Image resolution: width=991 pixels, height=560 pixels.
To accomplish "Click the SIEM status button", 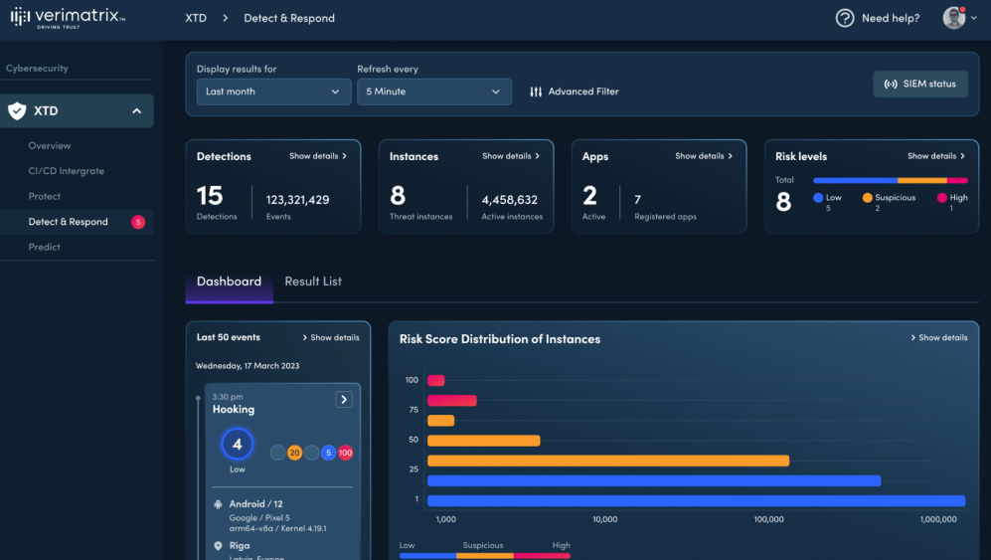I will click(x=919, y=84).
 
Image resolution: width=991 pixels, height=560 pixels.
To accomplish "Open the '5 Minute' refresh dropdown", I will click(x=434, y=92).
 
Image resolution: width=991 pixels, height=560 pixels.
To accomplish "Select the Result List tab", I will click(x=313, y=281).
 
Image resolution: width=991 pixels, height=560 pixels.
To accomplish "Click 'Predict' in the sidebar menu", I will click(x=45, y=247).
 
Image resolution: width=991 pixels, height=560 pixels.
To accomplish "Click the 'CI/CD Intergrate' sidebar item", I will click(x=67, y=171).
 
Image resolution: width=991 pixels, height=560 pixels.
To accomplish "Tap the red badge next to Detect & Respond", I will click(x=138, y=222).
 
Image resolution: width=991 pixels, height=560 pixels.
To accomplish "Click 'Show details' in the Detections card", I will click(x=318, y=156).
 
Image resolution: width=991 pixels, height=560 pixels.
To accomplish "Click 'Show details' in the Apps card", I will click(x=704, y=156).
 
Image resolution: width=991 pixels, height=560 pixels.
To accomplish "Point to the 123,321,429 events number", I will click(x=297, y=200).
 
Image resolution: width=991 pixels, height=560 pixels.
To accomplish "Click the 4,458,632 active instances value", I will click(x=510, y=200).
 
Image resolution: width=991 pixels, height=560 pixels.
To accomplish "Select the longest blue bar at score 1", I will click(x=696, y=500).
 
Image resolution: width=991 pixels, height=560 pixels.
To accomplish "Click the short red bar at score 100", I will click(x=435, y=380).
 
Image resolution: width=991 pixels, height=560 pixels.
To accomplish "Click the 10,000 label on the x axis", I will click(x=604, y=519).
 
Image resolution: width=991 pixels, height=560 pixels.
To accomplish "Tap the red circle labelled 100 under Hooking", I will click(x=345, y=453).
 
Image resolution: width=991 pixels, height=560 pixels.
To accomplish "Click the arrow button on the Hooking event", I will click(x=344, y=399).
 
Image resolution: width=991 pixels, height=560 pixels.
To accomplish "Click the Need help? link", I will click(x=878, y=18).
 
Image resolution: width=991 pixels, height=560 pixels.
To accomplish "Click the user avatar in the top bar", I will click(x=953, y=18).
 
